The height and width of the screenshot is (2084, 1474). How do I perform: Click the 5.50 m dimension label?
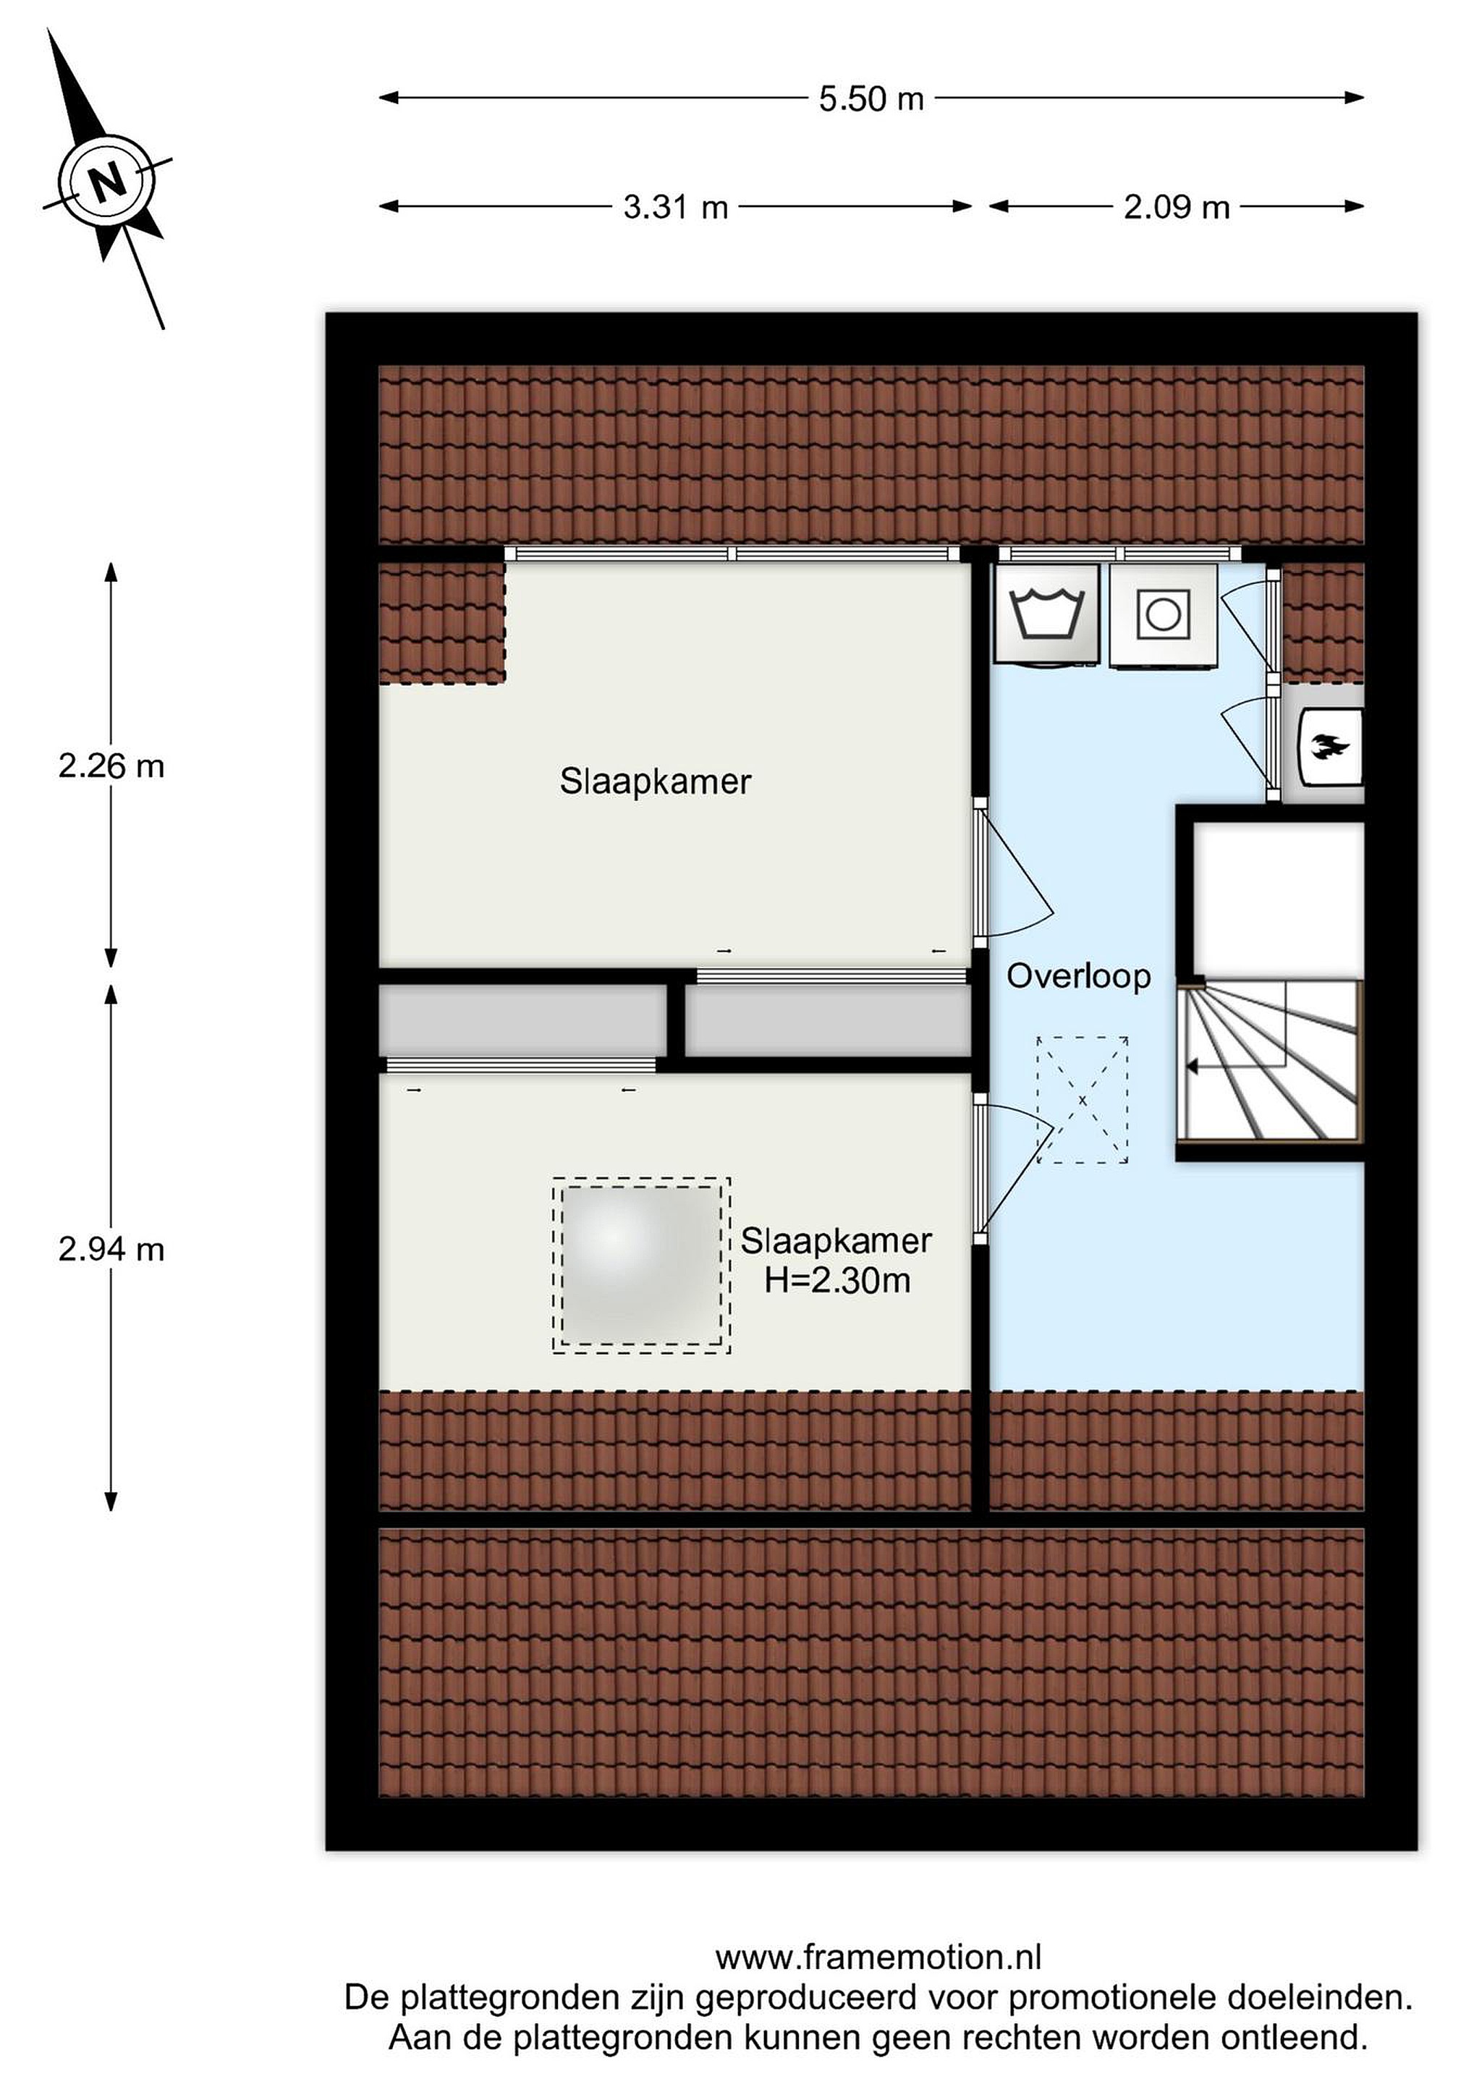coord(871,98)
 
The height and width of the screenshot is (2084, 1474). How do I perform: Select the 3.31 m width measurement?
coord(675,207)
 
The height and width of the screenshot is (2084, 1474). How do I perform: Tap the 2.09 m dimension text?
coord(1177,207)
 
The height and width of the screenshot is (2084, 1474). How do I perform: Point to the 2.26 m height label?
coord(111,766)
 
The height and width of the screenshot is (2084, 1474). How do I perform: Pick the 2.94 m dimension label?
coord(111,1250)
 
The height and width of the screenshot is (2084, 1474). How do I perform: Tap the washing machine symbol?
coord(1047,615)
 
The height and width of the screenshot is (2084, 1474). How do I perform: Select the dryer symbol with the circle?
coord(1163,615)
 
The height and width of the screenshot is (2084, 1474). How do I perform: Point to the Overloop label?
coord(1078,977)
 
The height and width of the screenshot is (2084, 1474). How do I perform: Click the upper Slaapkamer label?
coord(656,781)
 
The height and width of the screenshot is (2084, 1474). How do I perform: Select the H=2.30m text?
coord(836,1281)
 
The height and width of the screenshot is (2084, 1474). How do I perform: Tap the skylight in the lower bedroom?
coord(641,1266)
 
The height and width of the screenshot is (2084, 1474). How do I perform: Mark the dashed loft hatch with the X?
coord(1082,1100)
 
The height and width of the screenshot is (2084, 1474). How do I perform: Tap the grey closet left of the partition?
coord(522,1021)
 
